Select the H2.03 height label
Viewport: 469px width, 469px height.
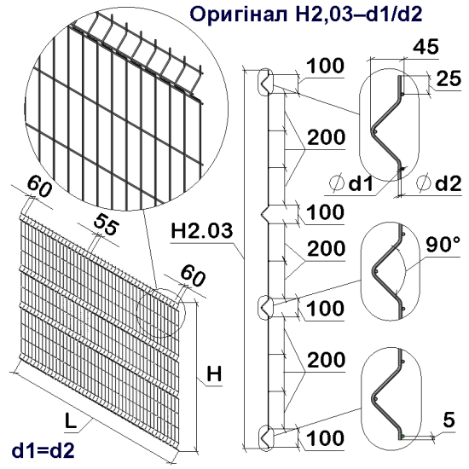tap(199, 230)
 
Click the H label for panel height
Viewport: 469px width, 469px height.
tap(215, 373)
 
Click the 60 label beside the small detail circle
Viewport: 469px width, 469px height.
tap(193, 275)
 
